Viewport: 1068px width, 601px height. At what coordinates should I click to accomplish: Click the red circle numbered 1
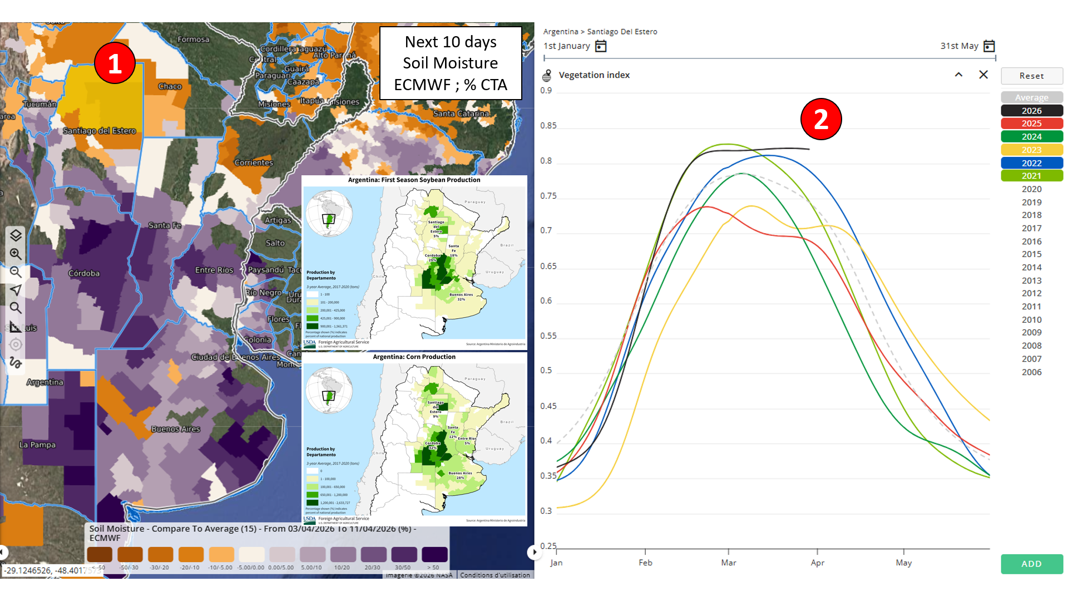click(115, 63)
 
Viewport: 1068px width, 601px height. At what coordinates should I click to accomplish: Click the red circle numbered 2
click(820, 119)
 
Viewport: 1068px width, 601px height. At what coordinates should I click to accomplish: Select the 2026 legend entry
click(1031, 111)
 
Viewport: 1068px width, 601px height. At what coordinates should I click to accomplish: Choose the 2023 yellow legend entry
click(1031, 150)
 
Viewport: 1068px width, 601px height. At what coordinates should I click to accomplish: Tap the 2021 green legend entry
click(1031, 176)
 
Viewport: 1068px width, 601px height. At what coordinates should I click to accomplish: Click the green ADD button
click(1031, 564)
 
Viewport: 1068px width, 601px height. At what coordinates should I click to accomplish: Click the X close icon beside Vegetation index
click(983, 75)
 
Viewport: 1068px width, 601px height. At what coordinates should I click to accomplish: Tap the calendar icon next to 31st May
click(988, 46)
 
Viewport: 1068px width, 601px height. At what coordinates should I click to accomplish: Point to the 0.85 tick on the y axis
click(548, 126)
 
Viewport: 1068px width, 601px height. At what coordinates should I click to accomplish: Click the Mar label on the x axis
click(728, 563)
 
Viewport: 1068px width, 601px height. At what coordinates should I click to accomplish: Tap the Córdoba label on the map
click(84, 273)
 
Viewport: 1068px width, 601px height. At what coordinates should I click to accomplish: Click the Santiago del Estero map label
click(99, 131)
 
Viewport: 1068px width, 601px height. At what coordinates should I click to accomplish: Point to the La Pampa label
click(37, 445)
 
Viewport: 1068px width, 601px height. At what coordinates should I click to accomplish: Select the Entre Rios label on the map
click(214, 270)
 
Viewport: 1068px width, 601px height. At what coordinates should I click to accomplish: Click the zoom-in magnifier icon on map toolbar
click(16, 254)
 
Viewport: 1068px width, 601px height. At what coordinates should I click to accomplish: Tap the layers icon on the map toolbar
click(16, 235)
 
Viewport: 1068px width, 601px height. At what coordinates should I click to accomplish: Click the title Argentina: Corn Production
click(414, 357)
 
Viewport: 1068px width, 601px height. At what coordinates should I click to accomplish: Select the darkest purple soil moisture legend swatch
click(434, 554)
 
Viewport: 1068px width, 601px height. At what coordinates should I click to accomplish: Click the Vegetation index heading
click(594, 75)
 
